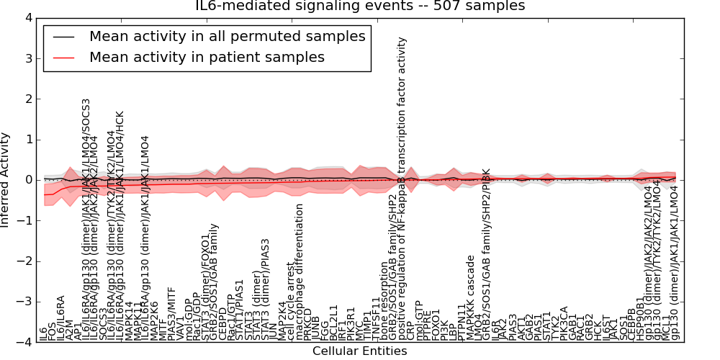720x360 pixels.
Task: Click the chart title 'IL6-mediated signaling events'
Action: click(360, 6)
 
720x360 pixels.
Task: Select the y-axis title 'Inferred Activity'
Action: click(6, 179)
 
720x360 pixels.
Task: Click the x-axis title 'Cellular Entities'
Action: click(359, 351)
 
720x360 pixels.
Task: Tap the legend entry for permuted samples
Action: click(227, 36)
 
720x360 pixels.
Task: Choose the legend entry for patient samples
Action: click(207, 57)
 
